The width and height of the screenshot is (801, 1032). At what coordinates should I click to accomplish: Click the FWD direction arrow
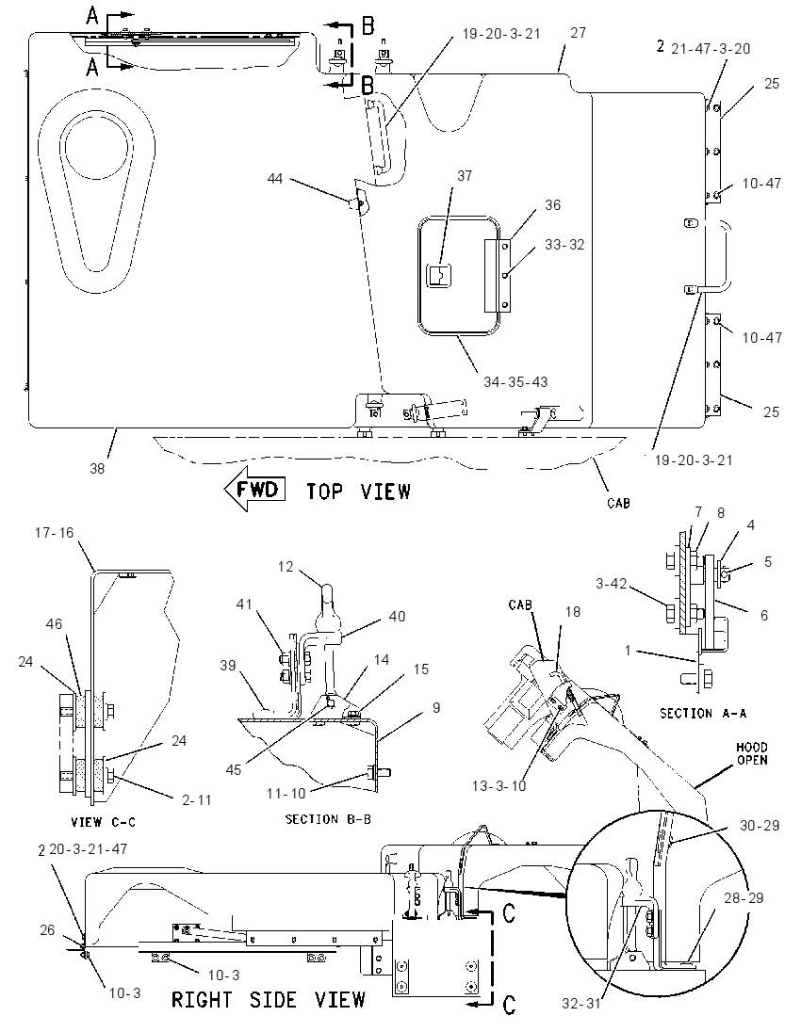click(255, 489)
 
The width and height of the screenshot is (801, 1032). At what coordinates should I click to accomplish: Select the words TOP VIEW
click(359, 492)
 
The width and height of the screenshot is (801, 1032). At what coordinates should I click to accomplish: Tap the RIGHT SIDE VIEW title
click(268, 1000)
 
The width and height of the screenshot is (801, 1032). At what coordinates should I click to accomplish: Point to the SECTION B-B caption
click(328, 819)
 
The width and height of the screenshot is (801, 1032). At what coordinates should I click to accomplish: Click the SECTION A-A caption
click(704, 714)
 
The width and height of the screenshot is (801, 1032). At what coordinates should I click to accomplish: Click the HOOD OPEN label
click(752, 753)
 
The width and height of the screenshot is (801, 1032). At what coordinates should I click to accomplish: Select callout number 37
click(465, 176)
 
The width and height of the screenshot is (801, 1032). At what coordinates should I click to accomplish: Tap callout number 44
click(274, 178)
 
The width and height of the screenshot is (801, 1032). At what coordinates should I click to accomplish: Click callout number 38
click(97, 469)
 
